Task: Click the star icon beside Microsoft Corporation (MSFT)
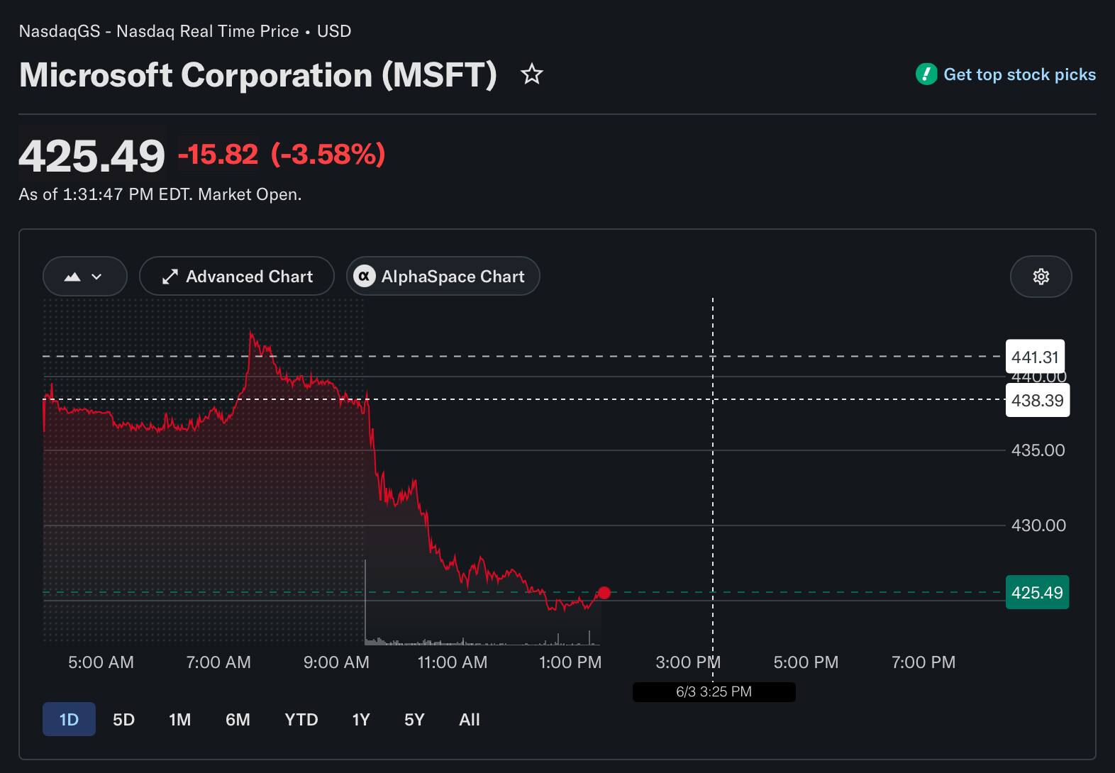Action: pos(532,74)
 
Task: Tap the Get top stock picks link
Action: pos(1006,74)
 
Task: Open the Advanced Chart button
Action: pos(236,277)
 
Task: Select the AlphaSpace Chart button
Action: pos(443,277)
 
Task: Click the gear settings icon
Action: pos(1041,277)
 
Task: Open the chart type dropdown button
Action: pos(84,277)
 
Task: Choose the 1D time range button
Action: pos(70,719)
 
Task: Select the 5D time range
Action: pos(123,719)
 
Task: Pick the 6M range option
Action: pos(238,719)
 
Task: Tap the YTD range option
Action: pos(301,719)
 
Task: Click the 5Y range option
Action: pos(414,719)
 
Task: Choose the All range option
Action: pos(470,719)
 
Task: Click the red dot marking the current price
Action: pos(604,593)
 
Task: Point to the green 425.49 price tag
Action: pos(1038,592)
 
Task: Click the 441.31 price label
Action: pos(1036,357)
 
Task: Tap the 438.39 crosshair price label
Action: pos(1038,400)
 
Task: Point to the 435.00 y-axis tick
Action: pos(1038,450)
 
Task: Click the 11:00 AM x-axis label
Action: pos(453,662)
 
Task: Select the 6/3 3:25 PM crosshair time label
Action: pos(714,692)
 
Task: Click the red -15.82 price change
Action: pos(218,154)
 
